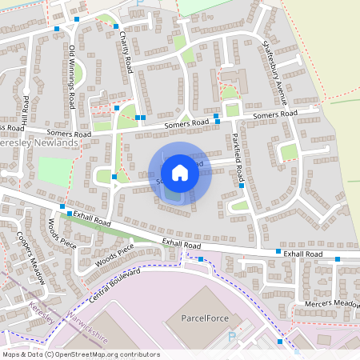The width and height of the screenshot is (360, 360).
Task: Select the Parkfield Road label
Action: coord(236,151)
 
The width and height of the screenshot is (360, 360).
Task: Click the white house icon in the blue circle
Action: coord(180,173)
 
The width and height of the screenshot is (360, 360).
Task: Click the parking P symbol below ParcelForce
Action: coord(231,338)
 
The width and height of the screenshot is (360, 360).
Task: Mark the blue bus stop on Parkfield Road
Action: coord(241,185)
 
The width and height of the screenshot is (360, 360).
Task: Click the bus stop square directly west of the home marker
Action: coord(114,177)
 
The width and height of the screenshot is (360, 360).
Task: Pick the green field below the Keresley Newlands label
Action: coord(54,171)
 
